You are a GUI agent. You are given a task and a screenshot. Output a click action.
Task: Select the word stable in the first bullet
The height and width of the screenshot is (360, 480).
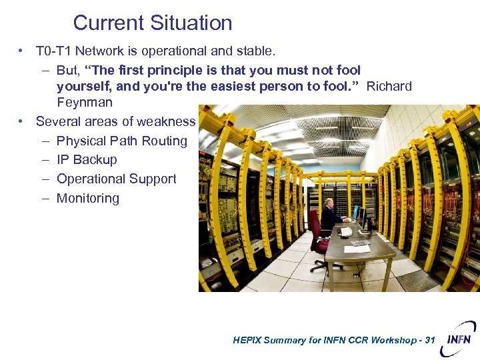pos(255,51)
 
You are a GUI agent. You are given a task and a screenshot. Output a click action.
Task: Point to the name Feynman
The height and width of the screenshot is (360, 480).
pos(85,103)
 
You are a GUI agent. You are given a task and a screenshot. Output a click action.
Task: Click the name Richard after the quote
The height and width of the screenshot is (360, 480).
pos(389,86)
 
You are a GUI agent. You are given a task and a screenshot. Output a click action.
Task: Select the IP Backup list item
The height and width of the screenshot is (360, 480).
pos(87,160)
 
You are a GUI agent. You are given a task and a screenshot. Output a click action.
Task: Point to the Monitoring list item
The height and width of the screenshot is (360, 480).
pos(88,198)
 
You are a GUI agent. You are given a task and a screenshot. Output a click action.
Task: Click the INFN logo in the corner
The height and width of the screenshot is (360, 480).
pos(461,337)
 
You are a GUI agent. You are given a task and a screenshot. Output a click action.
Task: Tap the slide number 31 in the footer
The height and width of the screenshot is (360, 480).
pos(429,340)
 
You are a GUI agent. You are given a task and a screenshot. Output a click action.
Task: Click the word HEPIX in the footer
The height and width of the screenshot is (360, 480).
pos(248,340)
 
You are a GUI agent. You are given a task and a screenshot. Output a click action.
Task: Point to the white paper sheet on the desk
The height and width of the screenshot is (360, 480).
pos(359,243)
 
